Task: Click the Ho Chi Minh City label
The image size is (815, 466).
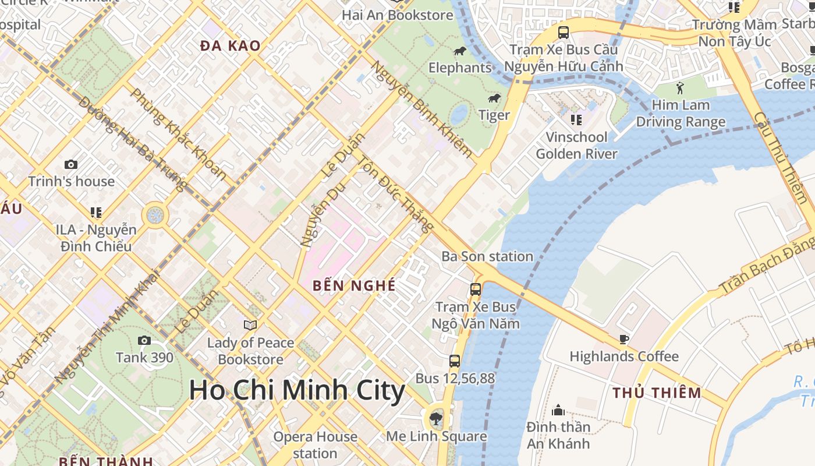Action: coord(297,390)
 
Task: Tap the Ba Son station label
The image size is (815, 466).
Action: coord(487,256)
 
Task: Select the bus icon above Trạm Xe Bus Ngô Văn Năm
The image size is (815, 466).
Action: coord(476,289)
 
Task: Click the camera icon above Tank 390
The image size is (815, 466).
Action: coord(144,340)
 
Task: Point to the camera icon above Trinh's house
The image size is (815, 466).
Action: coord(71,165)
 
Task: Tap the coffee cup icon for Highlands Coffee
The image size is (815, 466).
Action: coord(623,339)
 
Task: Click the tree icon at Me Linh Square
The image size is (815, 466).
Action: coord(435,418)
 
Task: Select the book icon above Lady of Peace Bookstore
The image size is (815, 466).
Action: coord(250,325)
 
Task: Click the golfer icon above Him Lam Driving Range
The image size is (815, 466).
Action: coord(680,88)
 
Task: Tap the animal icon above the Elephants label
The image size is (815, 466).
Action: coord(460,51)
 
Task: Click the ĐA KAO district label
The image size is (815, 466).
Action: coord(230,45)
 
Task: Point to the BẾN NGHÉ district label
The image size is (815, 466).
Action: coord(354,285)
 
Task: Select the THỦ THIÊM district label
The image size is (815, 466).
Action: coord(657,393)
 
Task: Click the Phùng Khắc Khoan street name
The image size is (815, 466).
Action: coord(178,133)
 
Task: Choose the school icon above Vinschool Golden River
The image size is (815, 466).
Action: coord(576,120)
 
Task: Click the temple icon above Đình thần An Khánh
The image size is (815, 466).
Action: coord(558,410)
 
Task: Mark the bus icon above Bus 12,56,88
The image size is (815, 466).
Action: coord(455,361)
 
